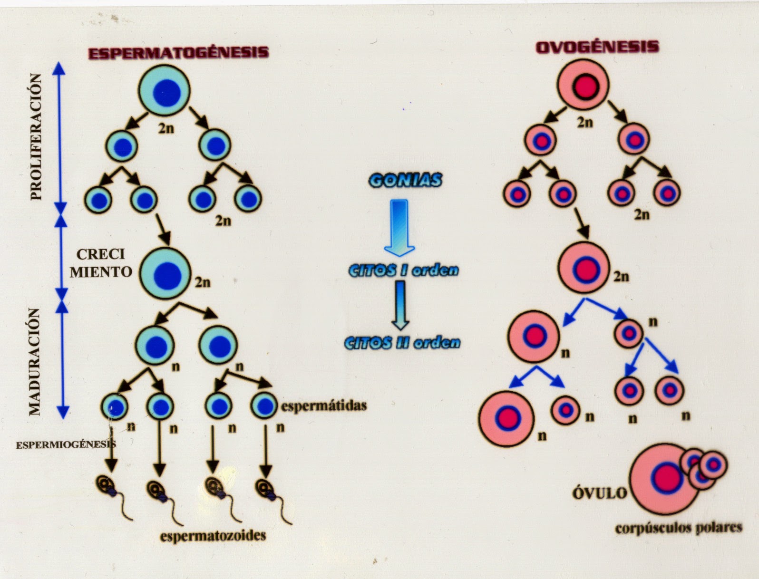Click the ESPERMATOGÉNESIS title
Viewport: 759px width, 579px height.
(178, 52)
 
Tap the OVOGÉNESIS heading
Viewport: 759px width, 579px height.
(597, 47)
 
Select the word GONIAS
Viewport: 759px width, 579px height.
(405, 181)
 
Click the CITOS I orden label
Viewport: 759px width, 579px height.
(403, 270)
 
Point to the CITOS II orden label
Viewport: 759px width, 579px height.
(402, 343)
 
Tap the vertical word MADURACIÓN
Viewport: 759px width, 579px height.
(34, 361)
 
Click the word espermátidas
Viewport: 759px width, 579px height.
(323, 405)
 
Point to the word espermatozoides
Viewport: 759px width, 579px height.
(213, 536)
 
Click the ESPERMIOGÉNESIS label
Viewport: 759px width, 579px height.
(66, 445)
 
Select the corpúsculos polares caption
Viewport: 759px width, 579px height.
(678, 528)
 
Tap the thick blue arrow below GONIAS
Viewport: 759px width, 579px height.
(399, 227)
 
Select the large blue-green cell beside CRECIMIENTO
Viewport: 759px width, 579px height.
(165, 273)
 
